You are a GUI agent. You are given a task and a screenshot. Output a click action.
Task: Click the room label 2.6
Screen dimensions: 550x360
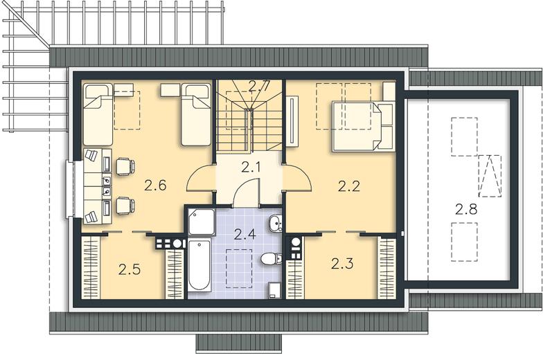point(155,186)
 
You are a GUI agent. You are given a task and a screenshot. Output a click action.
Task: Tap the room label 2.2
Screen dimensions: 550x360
point(349,186)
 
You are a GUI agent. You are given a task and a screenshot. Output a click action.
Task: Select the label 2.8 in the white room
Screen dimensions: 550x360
point(466,209)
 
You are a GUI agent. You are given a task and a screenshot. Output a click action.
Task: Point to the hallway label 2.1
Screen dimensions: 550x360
point(251,168)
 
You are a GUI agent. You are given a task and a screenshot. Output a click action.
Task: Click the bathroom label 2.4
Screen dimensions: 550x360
point(245,235)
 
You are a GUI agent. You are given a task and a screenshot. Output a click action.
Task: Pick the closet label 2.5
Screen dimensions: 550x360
point(130,269)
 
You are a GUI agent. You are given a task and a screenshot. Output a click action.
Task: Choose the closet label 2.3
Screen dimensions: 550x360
point(342,263)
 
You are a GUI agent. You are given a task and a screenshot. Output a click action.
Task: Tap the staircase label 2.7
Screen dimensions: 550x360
point(260,86)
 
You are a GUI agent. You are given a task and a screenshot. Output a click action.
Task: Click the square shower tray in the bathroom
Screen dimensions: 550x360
point(202,222)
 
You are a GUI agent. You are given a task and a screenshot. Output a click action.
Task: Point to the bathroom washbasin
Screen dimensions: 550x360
point(276,224)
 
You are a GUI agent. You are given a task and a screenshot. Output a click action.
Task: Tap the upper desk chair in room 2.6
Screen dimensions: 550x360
point(125,167)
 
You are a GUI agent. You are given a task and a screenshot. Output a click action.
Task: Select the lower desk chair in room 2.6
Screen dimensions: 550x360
point(125,206)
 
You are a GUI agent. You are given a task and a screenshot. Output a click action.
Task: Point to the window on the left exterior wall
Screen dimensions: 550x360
point(71,190)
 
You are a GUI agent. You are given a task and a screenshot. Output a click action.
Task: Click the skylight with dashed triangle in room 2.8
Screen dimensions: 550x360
point(490,175)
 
